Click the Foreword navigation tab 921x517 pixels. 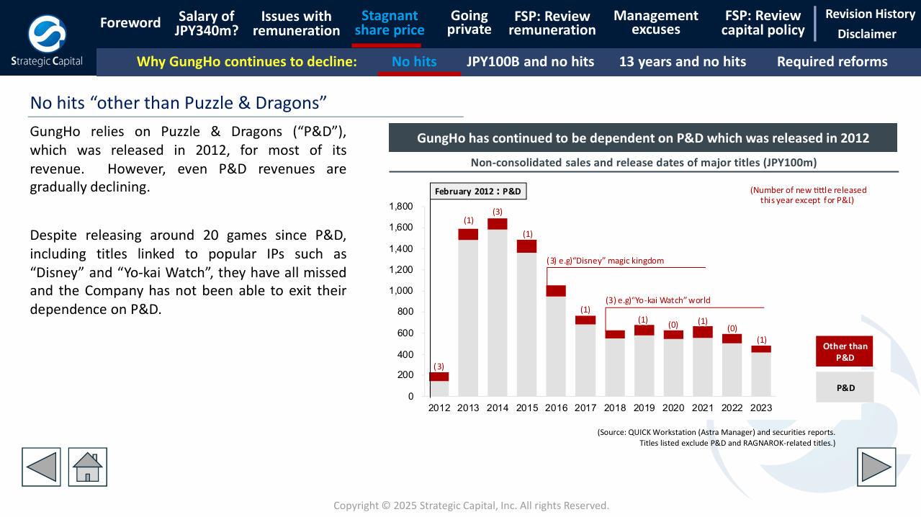[130, 23]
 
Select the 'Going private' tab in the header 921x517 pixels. [469, 23]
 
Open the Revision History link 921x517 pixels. [870, 14]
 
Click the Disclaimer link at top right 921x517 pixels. [866, 34]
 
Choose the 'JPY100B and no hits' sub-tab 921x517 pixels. [530, 62]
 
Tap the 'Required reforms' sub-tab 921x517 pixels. [832, 62]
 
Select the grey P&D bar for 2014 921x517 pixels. [498, 313]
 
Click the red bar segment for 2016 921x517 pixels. [556, 291]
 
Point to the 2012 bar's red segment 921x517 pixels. [439, 377]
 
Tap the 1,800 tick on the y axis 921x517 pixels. [401, 207]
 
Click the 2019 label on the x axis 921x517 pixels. [644, 408]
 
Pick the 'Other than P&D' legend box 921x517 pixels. [845, 351]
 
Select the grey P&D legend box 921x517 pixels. [845, 387]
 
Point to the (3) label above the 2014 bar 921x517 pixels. [498, 212]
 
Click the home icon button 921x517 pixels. [88, 467]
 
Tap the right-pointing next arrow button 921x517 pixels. [876, 467]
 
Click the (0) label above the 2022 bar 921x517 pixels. [732, 328]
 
